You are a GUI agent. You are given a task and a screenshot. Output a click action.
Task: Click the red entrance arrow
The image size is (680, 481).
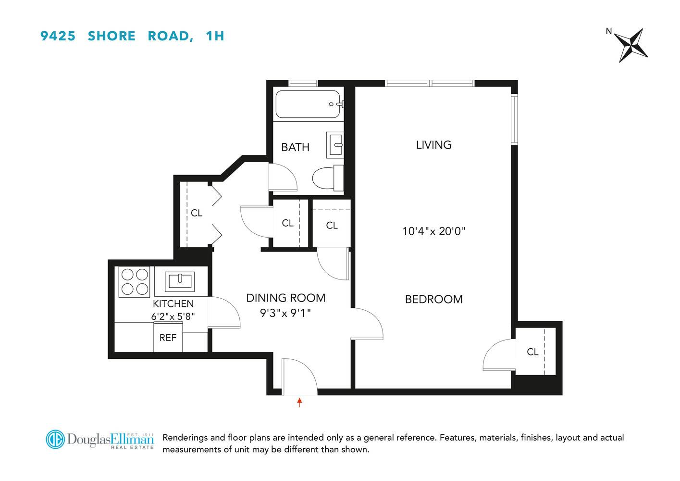point(299,402)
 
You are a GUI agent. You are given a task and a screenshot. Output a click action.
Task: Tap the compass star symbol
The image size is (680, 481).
point(631,45)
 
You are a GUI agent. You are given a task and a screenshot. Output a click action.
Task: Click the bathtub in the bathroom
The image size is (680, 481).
point(308,104)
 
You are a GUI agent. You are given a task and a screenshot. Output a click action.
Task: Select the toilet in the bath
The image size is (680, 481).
point(326,178)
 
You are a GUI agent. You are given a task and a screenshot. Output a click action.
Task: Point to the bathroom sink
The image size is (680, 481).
point(335,144)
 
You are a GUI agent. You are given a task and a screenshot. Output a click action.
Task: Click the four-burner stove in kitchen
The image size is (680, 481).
point(135,282)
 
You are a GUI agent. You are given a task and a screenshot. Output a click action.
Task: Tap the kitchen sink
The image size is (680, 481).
point(180,281)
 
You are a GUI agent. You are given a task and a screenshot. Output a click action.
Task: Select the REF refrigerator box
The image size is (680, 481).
point(168,338)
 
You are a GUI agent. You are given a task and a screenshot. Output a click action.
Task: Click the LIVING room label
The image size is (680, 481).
point(433,145)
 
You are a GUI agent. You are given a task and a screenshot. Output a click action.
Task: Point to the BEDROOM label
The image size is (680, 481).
point(433,299)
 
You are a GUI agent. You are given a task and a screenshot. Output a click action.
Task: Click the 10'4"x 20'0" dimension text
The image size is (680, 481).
point(433,231)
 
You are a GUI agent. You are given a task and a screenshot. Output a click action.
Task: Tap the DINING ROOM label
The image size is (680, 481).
point(285,298)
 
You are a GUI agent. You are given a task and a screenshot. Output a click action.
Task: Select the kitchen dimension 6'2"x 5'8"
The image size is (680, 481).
point(173,316)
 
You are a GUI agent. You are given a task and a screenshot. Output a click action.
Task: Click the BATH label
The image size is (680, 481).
point(295,147)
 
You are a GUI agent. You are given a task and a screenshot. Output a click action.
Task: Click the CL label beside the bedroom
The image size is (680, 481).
point(532,352)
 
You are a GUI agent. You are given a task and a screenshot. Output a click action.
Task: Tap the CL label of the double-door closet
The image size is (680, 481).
point(197,213)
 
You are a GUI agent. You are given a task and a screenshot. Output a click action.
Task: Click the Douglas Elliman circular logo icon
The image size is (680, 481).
point(55,439)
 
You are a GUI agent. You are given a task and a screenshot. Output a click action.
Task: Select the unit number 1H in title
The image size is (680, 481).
point(215,36)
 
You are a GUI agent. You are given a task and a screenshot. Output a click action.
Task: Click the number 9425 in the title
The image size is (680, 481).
point(58,36)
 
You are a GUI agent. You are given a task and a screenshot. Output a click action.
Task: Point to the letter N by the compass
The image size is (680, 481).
point(608,31)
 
